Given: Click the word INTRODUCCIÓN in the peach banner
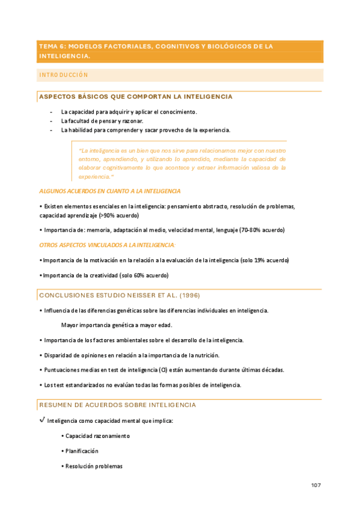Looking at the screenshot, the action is click(x=63, y=75).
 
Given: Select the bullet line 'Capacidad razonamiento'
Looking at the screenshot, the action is click(x=97, y=436).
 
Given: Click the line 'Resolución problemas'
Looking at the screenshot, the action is click(x=94, y=466).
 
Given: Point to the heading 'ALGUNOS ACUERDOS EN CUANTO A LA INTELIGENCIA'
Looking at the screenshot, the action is click(x=109, y=191).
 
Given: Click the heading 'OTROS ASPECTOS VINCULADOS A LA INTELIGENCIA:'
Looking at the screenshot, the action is click(x=108, y=245).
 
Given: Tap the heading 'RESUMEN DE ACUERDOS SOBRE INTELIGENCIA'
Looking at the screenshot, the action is click(x=117, y=405).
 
